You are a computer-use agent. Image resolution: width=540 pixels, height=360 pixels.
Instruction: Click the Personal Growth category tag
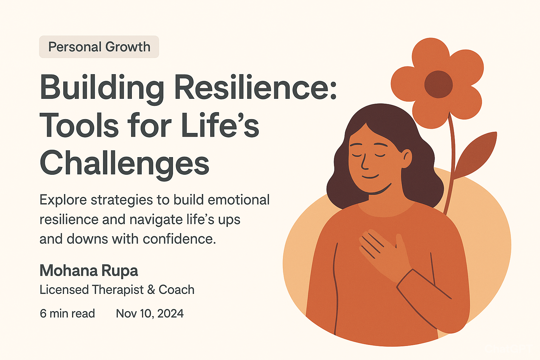coord(99,47)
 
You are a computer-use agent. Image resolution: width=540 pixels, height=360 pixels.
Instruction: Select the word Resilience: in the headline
coord(255,87)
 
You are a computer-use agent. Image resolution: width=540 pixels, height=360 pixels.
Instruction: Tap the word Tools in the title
coord(79,126)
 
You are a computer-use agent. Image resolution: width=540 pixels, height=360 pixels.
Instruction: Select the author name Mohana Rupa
coord(89,271)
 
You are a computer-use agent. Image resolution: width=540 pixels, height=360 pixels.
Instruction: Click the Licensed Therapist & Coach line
coord(117,290)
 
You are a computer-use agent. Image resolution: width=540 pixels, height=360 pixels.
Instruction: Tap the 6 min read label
coord(67,314)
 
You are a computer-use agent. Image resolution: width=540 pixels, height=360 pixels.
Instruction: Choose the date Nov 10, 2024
coord(150,314)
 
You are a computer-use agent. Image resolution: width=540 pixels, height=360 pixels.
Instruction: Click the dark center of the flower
coord(438,84)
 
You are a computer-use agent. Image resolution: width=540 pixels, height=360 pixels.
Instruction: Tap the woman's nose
coord(364,162)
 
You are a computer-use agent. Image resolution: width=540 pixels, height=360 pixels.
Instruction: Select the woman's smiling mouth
coord(370,176)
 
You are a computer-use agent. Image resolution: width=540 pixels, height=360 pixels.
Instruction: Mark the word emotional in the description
coord(239,200)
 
